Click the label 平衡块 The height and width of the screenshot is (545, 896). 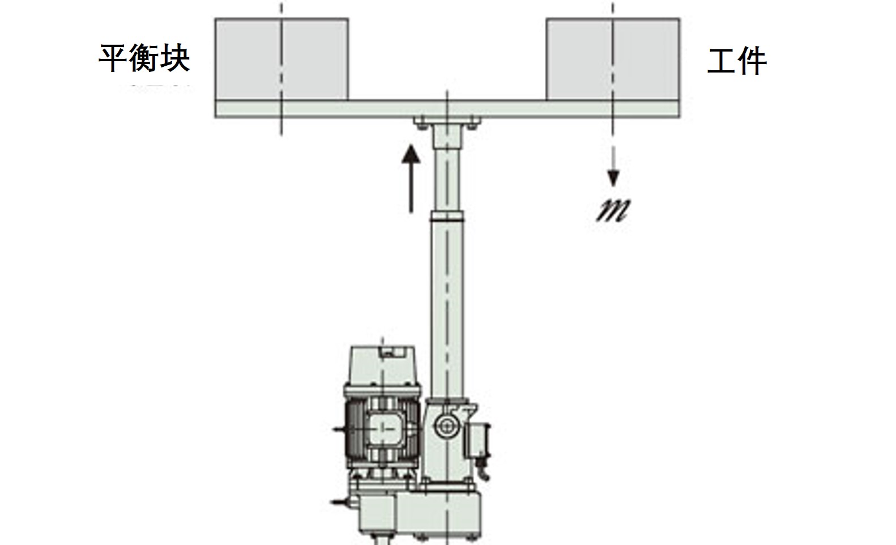[144, 58]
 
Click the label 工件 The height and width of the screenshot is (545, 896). [737, 61]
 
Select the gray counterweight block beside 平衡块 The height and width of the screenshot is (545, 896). [281, 59]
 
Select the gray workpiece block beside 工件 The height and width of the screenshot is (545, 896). [613, 59]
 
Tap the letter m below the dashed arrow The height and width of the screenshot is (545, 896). [613, 210]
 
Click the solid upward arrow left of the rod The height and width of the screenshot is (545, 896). [411, 179]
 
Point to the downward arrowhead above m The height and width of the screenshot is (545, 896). [613, 178]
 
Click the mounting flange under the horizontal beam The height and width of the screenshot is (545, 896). [447, 124]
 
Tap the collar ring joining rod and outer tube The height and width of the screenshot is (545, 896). [447, 217]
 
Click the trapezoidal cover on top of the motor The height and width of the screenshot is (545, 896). [383, 365]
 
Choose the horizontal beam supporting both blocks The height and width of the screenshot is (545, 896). [447, 108]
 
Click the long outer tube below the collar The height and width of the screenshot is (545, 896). [447, 310]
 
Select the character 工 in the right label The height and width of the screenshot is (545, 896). [721, 61]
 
